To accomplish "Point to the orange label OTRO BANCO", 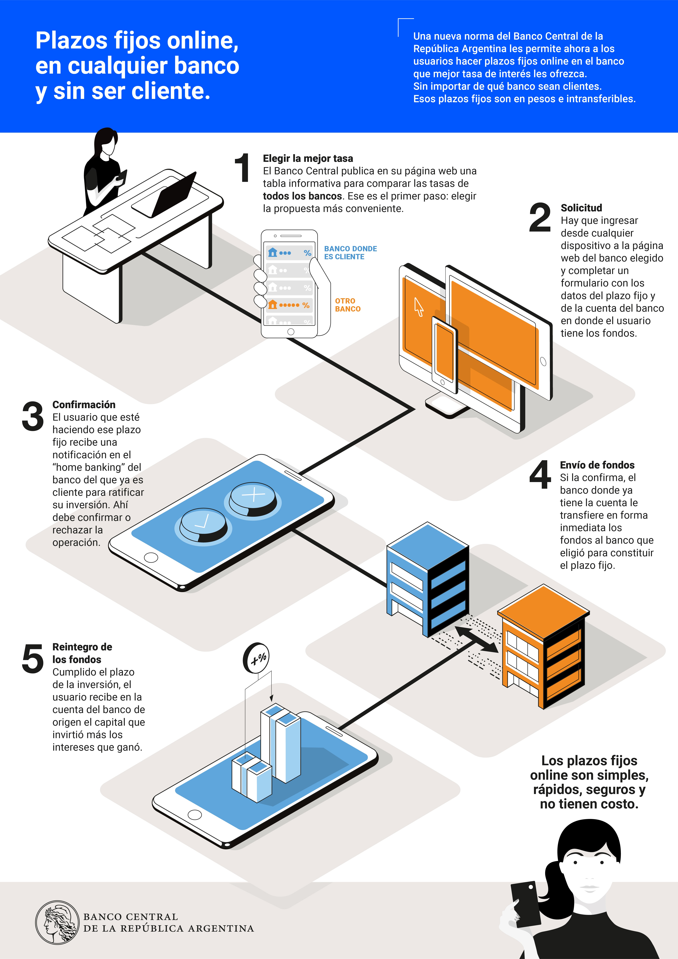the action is point(348,305).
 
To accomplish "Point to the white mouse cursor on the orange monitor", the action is point(418,307).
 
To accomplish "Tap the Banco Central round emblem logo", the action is point(57,922).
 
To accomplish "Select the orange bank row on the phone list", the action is point(289,305).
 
